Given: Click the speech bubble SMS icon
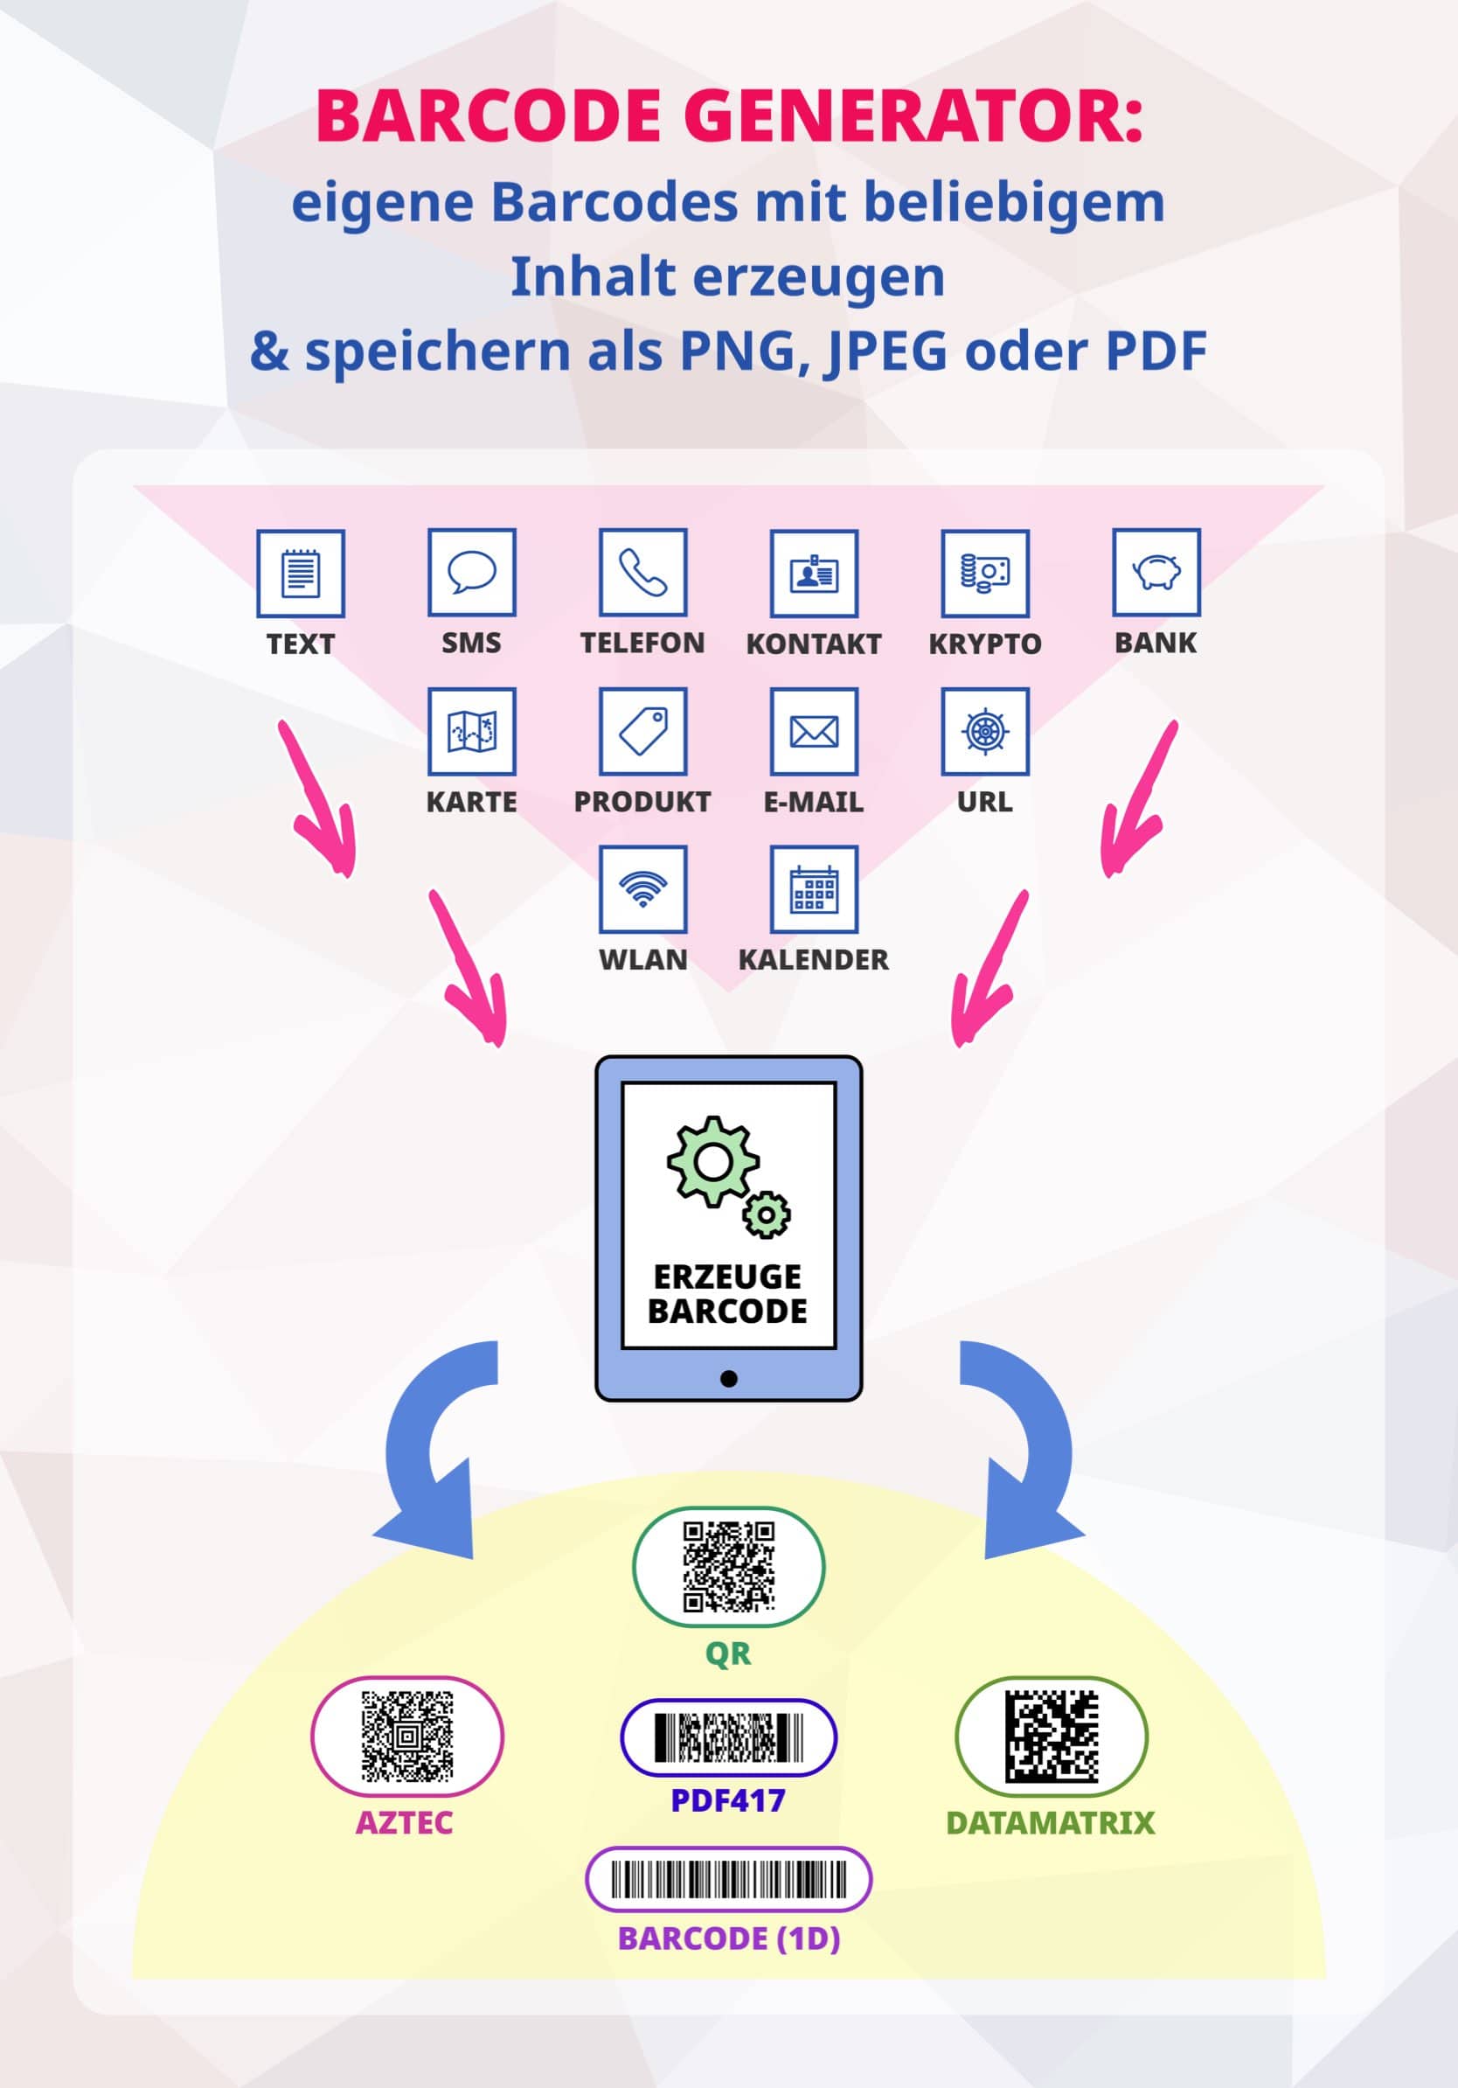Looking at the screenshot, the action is (472, 573).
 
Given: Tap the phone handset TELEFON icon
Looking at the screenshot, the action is (642, 573).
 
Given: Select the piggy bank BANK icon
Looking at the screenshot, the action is (1156, 573).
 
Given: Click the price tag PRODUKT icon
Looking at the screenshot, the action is (642, 731).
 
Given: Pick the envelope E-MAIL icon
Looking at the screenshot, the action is (814, 731).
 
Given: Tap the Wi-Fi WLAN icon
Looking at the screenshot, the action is (642, 889).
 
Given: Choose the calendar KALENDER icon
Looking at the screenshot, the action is (814, 889).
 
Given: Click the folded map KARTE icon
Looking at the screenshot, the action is (472, 731).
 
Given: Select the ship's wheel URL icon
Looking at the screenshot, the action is (985, 731).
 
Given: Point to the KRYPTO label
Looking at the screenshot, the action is (985, 644).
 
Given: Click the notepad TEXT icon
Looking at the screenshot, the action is (301, 573).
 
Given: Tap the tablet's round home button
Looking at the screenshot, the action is (728, 1379).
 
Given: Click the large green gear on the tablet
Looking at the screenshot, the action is (713, 1161).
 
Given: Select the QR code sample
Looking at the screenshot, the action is (728, 1567).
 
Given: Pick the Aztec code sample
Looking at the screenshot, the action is (407, 1736).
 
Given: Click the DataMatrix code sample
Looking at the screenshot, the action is (1052, 1736).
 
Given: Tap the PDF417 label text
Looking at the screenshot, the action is (728, 1800).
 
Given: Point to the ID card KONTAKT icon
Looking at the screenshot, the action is (814, 573).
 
